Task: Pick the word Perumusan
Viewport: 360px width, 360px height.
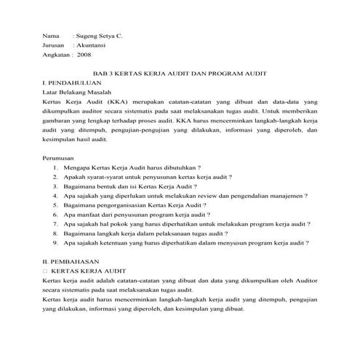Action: click(60, 157)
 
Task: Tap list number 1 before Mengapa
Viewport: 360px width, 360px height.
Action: click(56, 167)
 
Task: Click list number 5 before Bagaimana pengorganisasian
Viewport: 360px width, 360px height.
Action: click(56, 206)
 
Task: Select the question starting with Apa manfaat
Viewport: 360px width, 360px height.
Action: click(137, 215)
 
